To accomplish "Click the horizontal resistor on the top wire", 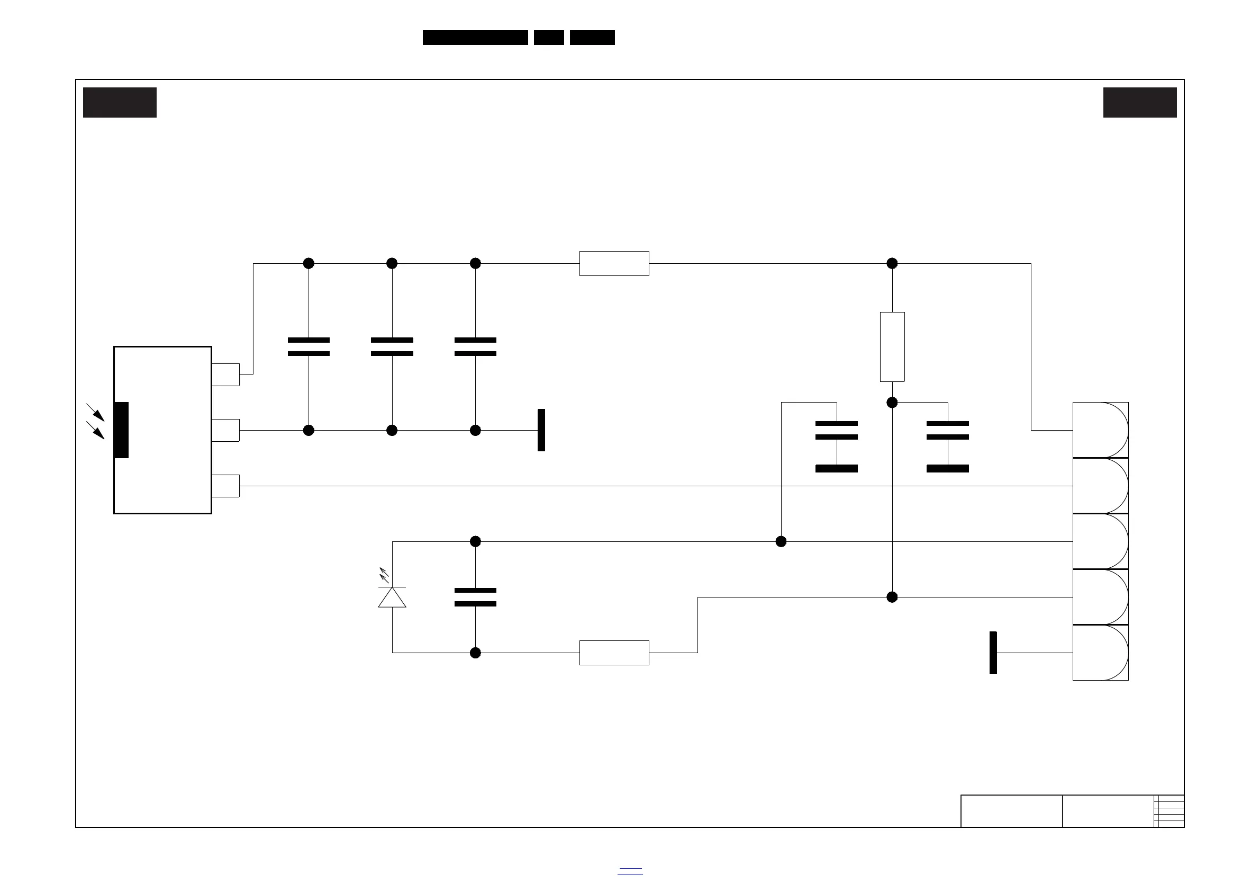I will tap(614, 264).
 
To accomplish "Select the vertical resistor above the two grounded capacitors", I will tap(892, 346).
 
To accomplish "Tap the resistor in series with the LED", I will tap(614, 653).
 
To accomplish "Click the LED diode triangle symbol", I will tap(392, 597).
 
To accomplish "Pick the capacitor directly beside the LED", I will tap(475, 597).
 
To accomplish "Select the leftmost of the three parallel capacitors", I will tap(309, 346).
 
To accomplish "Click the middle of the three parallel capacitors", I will tap(392, 346).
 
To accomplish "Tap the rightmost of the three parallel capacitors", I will tap(475, 346).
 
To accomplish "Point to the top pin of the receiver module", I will tap(225, 374).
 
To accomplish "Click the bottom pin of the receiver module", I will tap(225, 486).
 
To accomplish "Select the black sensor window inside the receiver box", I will tap(121, 430).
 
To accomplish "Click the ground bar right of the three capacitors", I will tap(541, 430).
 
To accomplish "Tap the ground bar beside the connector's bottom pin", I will tap(993, 653).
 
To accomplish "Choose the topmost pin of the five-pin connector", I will tap(1100, 430).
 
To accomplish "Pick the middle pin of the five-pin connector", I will tap(1100, 541).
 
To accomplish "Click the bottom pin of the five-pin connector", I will tap(1100, 653).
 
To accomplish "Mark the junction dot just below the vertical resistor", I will tap(892, 403).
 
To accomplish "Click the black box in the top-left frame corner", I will tap(120, 102).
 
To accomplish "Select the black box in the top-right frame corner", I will tap(1140, 102).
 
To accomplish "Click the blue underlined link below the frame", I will tap(629, 871).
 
